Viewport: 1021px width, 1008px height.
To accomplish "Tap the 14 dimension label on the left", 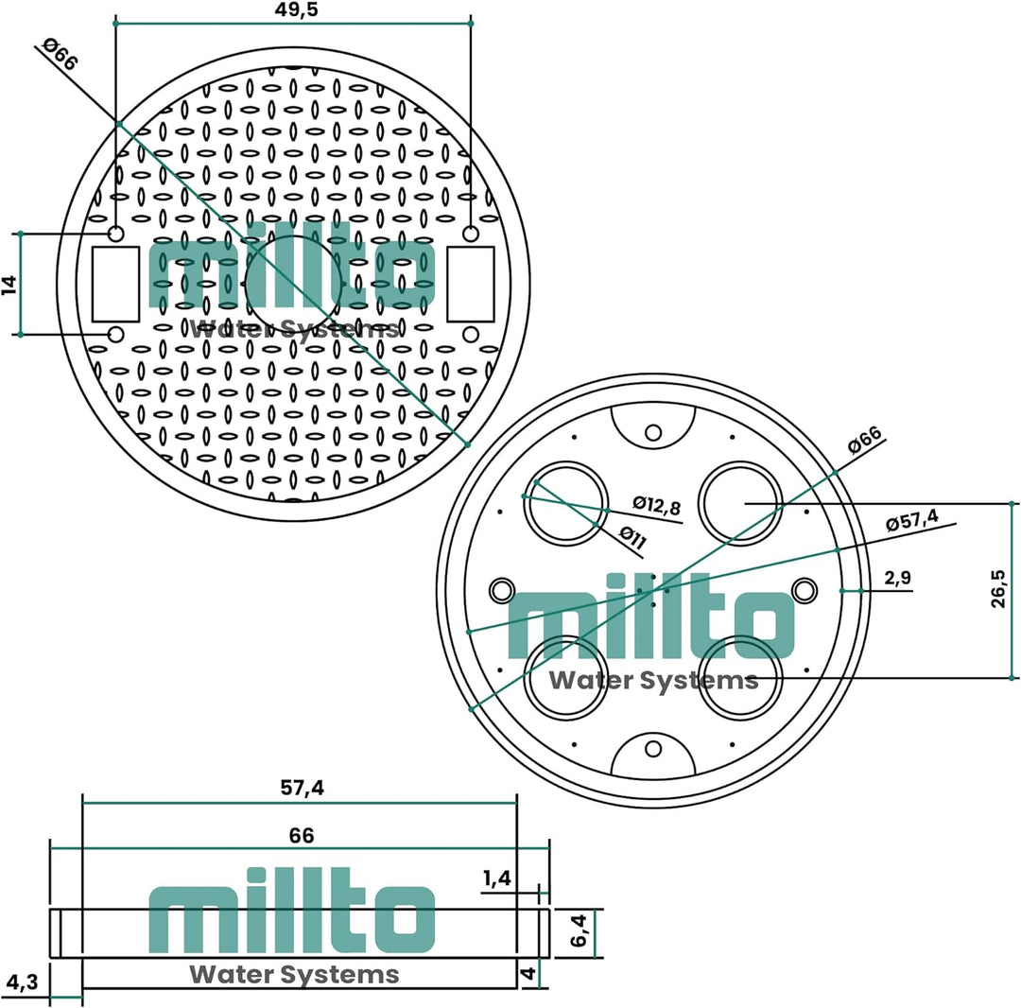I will [x=10, y=284].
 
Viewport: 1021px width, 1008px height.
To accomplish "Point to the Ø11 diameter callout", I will [x=632, y=536].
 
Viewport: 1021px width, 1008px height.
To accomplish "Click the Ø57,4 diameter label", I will [x=911, y=520].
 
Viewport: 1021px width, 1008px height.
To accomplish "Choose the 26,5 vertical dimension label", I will [x=999, y=588].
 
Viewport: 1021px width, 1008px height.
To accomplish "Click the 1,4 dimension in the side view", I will [x=496, y=878].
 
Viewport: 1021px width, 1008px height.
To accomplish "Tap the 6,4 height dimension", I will [x=580, y=933].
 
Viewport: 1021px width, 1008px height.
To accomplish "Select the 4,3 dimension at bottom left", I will [x=20, y=982].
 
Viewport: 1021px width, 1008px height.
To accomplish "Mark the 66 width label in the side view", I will [x=301, y=836].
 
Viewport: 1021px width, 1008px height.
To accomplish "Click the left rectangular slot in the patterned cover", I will [x=115, y=283].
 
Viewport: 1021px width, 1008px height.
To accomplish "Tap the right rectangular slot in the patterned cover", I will [x=470, y=283].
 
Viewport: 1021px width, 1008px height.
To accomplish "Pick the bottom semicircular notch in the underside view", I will [x=653, y=755].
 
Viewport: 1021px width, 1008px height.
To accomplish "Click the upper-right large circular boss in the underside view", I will [x=740, y=503].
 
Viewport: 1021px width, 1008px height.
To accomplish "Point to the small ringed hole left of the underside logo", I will [x=501, y=590].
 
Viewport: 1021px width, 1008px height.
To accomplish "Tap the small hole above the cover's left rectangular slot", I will [x=115, y=234].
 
